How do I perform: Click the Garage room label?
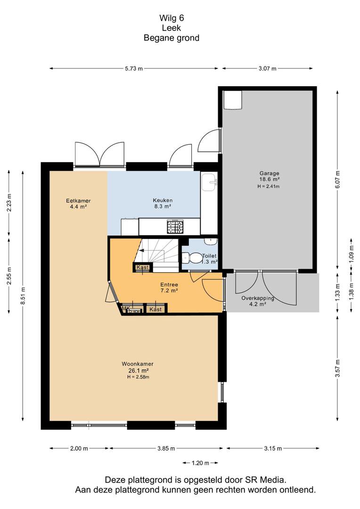(269, 173)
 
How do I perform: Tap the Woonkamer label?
(138, 364)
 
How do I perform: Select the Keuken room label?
(163, 200)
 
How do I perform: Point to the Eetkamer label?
(78, 201)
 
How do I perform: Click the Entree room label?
(169, 285)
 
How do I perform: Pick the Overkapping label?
(258, 298)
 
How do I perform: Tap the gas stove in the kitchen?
(175, 227)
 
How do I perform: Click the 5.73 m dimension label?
(134, 68)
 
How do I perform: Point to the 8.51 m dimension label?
(23, 296)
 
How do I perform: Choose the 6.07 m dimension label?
(337, 180)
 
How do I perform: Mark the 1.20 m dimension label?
(200, 463)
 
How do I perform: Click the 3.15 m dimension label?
(273, 448)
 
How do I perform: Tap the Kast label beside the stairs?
(142, 267)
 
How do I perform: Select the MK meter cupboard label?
(126, 308)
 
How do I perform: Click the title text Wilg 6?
(172, 18)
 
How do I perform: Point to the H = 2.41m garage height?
(269, 186)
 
